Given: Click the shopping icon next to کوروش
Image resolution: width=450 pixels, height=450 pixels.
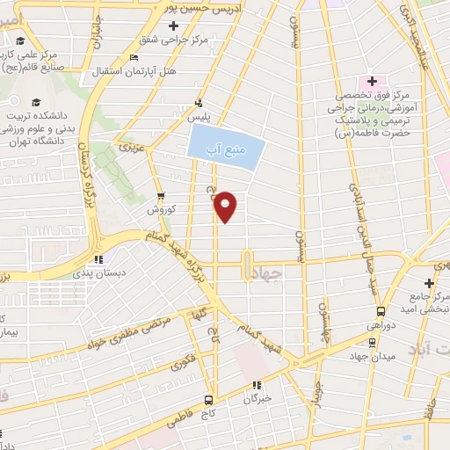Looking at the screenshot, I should pyautogui.click(x=160, y=196).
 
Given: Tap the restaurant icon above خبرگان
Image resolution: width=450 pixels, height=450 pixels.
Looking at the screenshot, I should pyautogui.click(x=257, y=384).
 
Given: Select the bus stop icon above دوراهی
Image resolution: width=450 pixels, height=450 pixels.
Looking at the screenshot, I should pyautogui.click(x=381, y=311).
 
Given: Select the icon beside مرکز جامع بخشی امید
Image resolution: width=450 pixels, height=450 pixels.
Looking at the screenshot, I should pyautogui.click(x=429, y=283).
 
